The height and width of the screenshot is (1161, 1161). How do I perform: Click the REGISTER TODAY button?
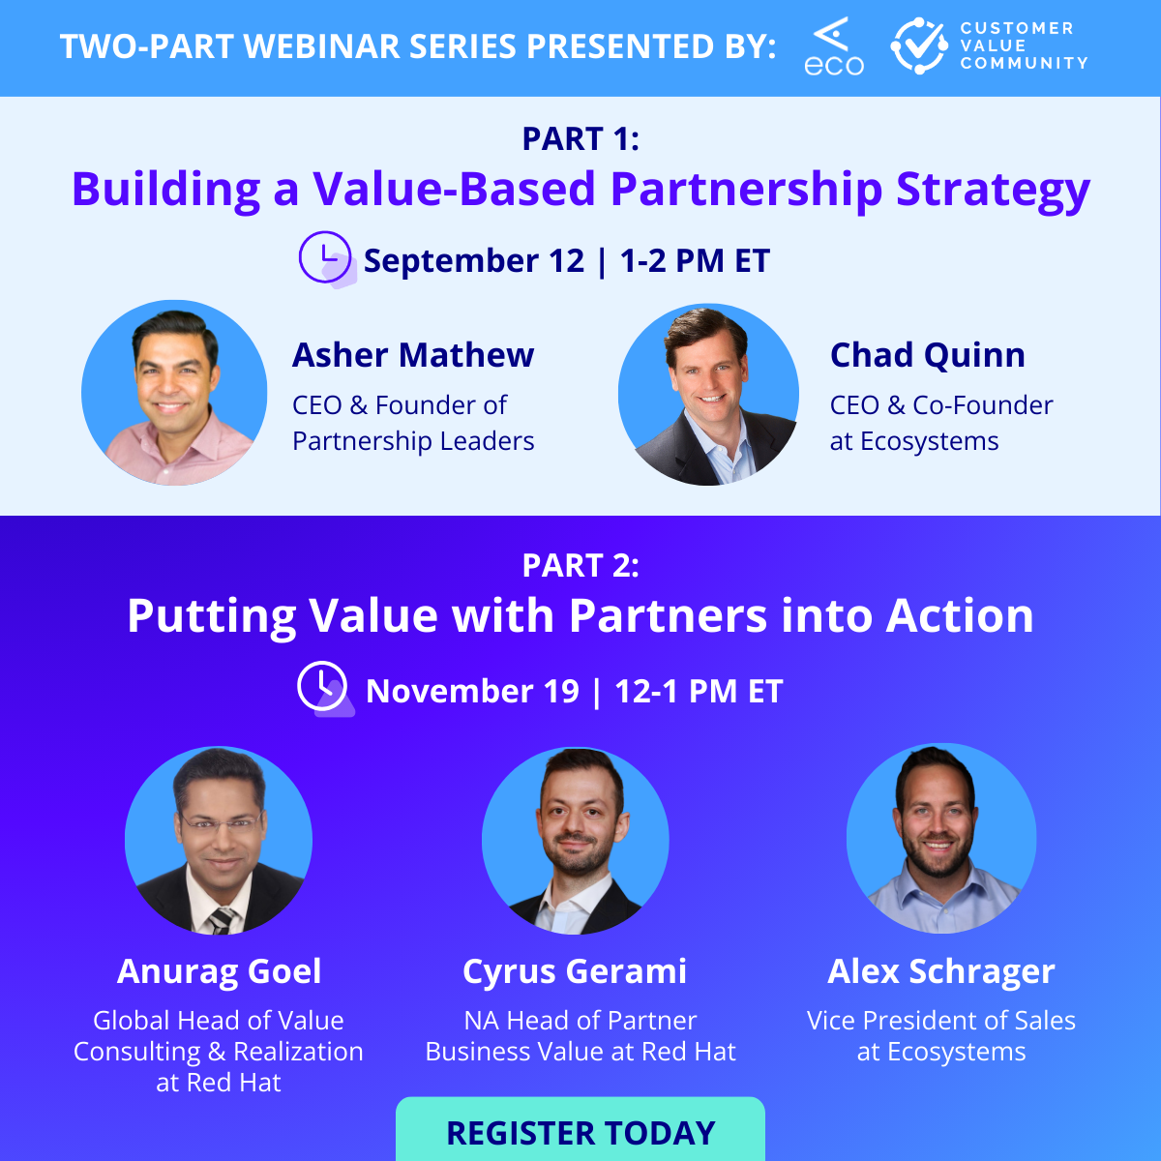pyautogui.click(x=580, y=1132)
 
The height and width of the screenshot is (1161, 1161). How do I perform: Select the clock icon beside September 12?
pyautogui.click(x=325, y=257)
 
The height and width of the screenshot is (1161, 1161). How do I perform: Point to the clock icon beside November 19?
pyautogui.click(x=322, y=687)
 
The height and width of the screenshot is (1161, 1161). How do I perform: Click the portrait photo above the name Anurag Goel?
pyautogui.click(x=219, y=840)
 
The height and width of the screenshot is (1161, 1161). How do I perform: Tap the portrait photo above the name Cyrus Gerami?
pyautogui.click(x=576, y=840)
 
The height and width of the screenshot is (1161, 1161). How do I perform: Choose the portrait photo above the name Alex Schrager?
pyautogui.click(x=941, y=838)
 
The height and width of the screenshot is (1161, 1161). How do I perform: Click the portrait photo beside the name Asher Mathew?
pyautogui.click(x=174, y=393)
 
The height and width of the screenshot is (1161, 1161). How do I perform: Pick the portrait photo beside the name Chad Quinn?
pyautogui.click(x=709, y=395)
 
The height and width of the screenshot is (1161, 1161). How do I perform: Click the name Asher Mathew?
pyautogui.click(x=413, y=355)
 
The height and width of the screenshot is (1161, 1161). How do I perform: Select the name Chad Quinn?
pyautogui.click(x=927, y=355)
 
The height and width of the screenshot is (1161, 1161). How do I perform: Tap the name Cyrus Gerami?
pyautogui.click(x=575, y=971)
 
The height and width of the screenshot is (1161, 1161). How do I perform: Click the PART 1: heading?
pyautogui.click(x=580, y=139)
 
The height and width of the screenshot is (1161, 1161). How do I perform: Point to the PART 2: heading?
pyautogui.click(x=580, y=565)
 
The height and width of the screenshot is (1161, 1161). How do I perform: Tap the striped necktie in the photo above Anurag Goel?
pyautogui.click(x=222, y=920)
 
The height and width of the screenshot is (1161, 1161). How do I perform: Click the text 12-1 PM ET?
pyautogui.click(x=699, y=691)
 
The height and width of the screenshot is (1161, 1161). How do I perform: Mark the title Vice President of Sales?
pyautogui.click(x=941, y=1021)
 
